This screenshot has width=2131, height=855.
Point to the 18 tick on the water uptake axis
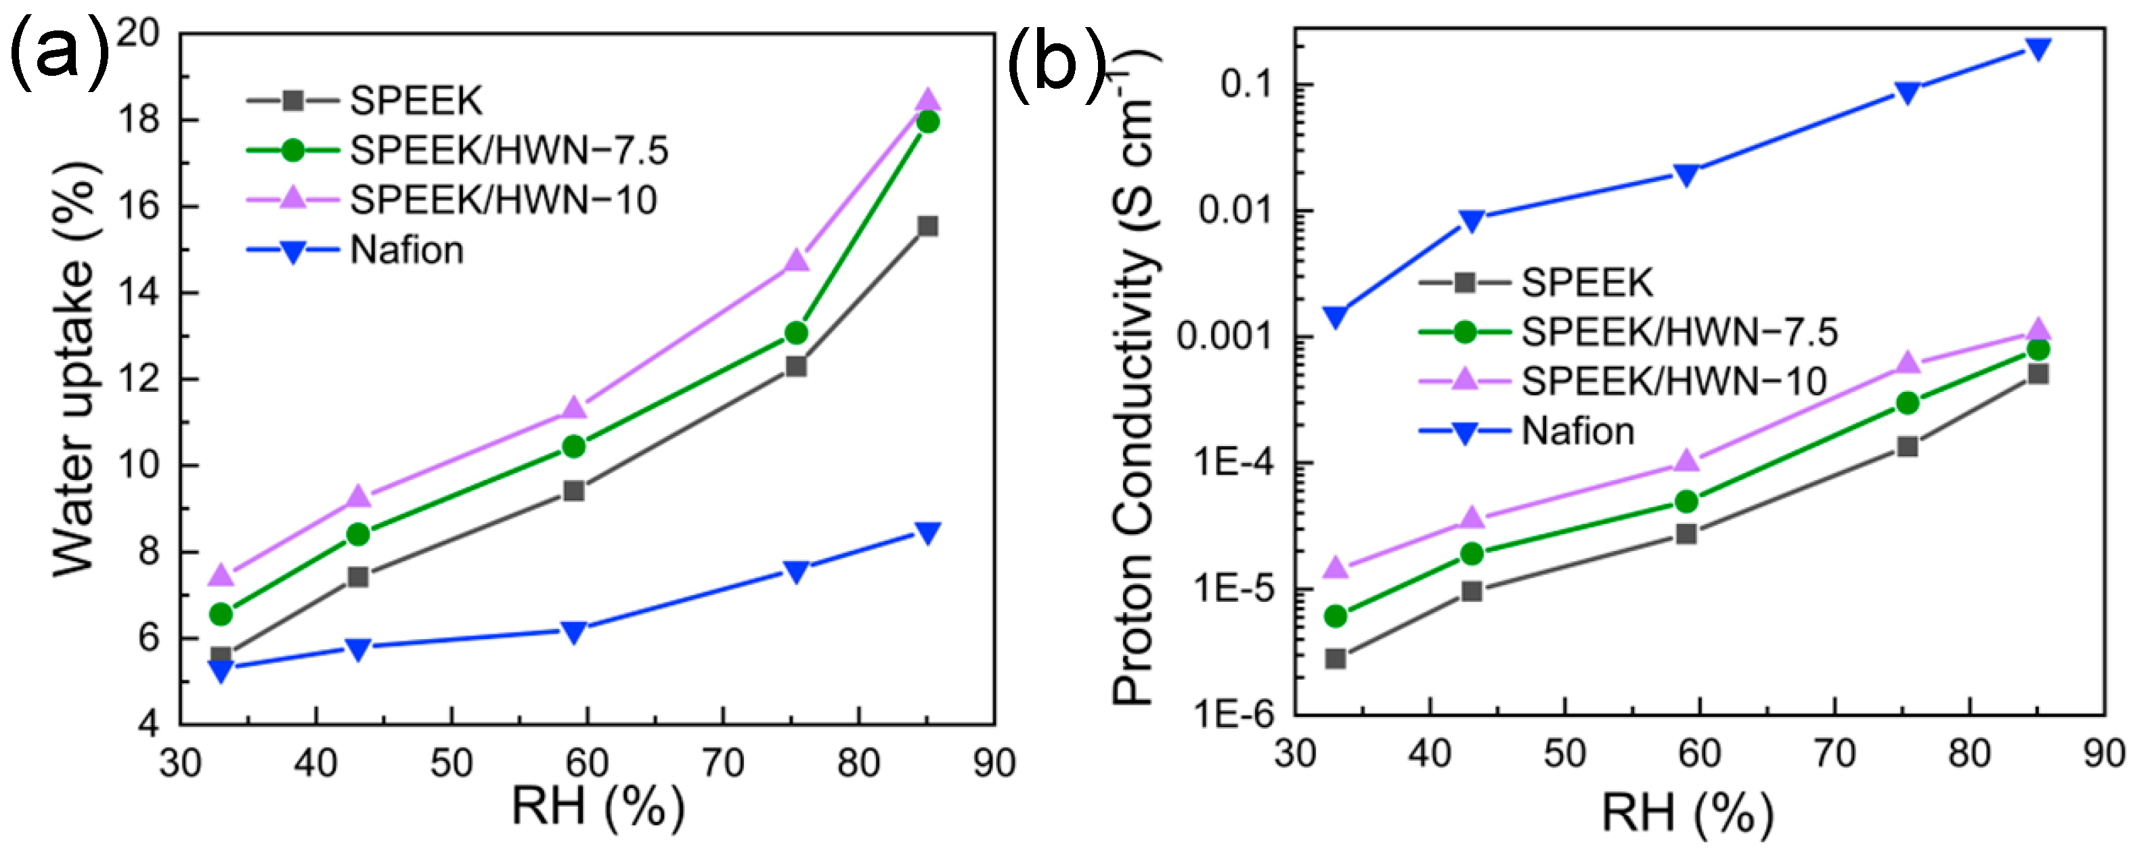139,120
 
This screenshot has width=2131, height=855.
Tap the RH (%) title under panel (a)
597,806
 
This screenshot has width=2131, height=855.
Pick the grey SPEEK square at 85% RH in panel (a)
928,225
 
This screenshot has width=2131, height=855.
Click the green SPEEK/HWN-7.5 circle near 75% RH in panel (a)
796,332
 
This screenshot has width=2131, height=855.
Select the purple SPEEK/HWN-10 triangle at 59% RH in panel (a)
574,408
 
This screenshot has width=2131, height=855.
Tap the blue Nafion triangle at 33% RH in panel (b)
1335,317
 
